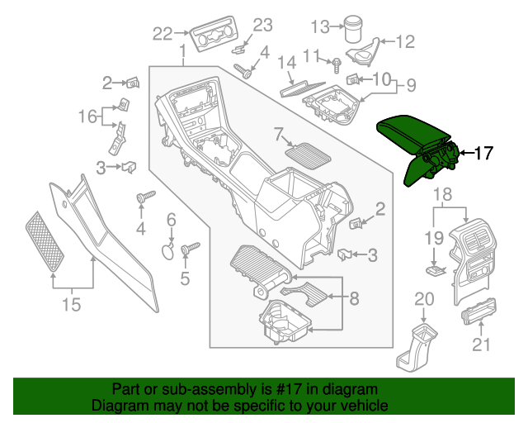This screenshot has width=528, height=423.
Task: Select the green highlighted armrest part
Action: [x=417, y=136]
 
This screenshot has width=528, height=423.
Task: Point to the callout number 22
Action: [x=163, y=34]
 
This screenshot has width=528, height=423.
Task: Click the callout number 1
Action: [x=181, y=55]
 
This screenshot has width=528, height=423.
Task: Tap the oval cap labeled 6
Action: [x=167, y=250]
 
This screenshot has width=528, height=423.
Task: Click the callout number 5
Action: [x=185, y=279]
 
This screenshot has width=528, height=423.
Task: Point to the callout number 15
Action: [x=72, y=306]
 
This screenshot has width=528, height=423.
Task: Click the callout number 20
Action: [x=423, y=299]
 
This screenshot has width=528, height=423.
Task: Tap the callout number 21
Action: [x=480, y=344]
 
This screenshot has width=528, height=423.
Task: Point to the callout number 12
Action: [x=406, y=40]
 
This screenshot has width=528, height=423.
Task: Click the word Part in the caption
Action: [x=126, y=389]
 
